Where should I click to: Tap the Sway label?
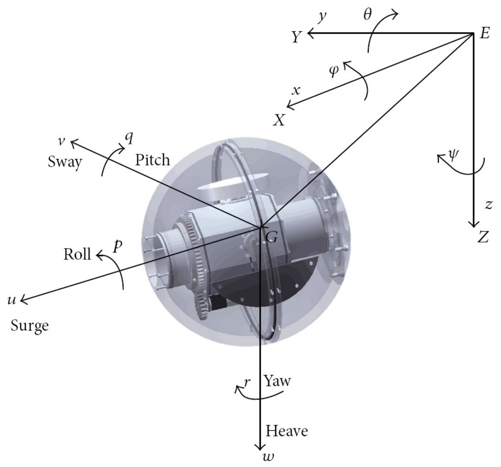coord(65,162)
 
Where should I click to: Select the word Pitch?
coord(152,160)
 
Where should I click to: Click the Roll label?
coord(77,254)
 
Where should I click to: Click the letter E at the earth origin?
coord(484,33)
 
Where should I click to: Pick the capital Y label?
coord(297,37)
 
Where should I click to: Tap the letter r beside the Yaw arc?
coord(247,382)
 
